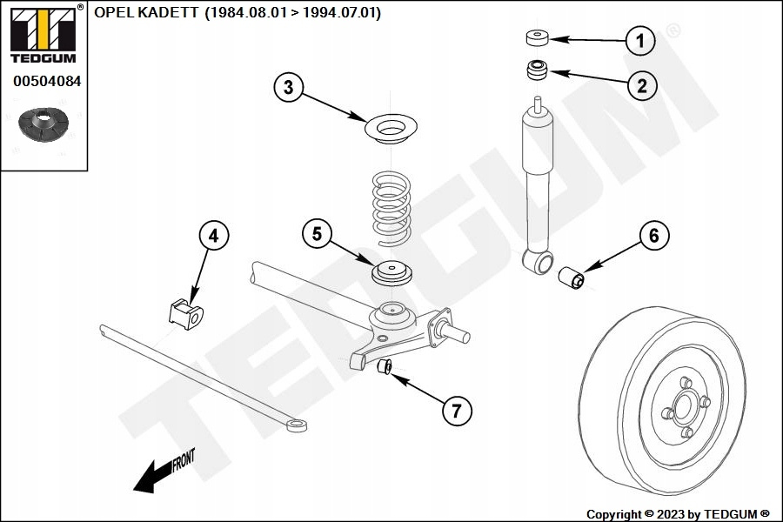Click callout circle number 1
(640, 40)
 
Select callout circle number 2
(640, 84)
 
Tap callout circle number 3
(289, 87)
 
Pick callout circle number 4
(214, 235)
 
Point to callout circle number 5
(318, 233)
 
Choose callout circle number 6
(654, 236)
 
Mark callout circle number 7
(457, 410)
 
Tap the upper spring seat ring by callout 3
(391, 130)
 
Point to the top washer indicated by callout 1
(537, 38)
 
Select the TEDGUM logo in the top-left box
(43, 35)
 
